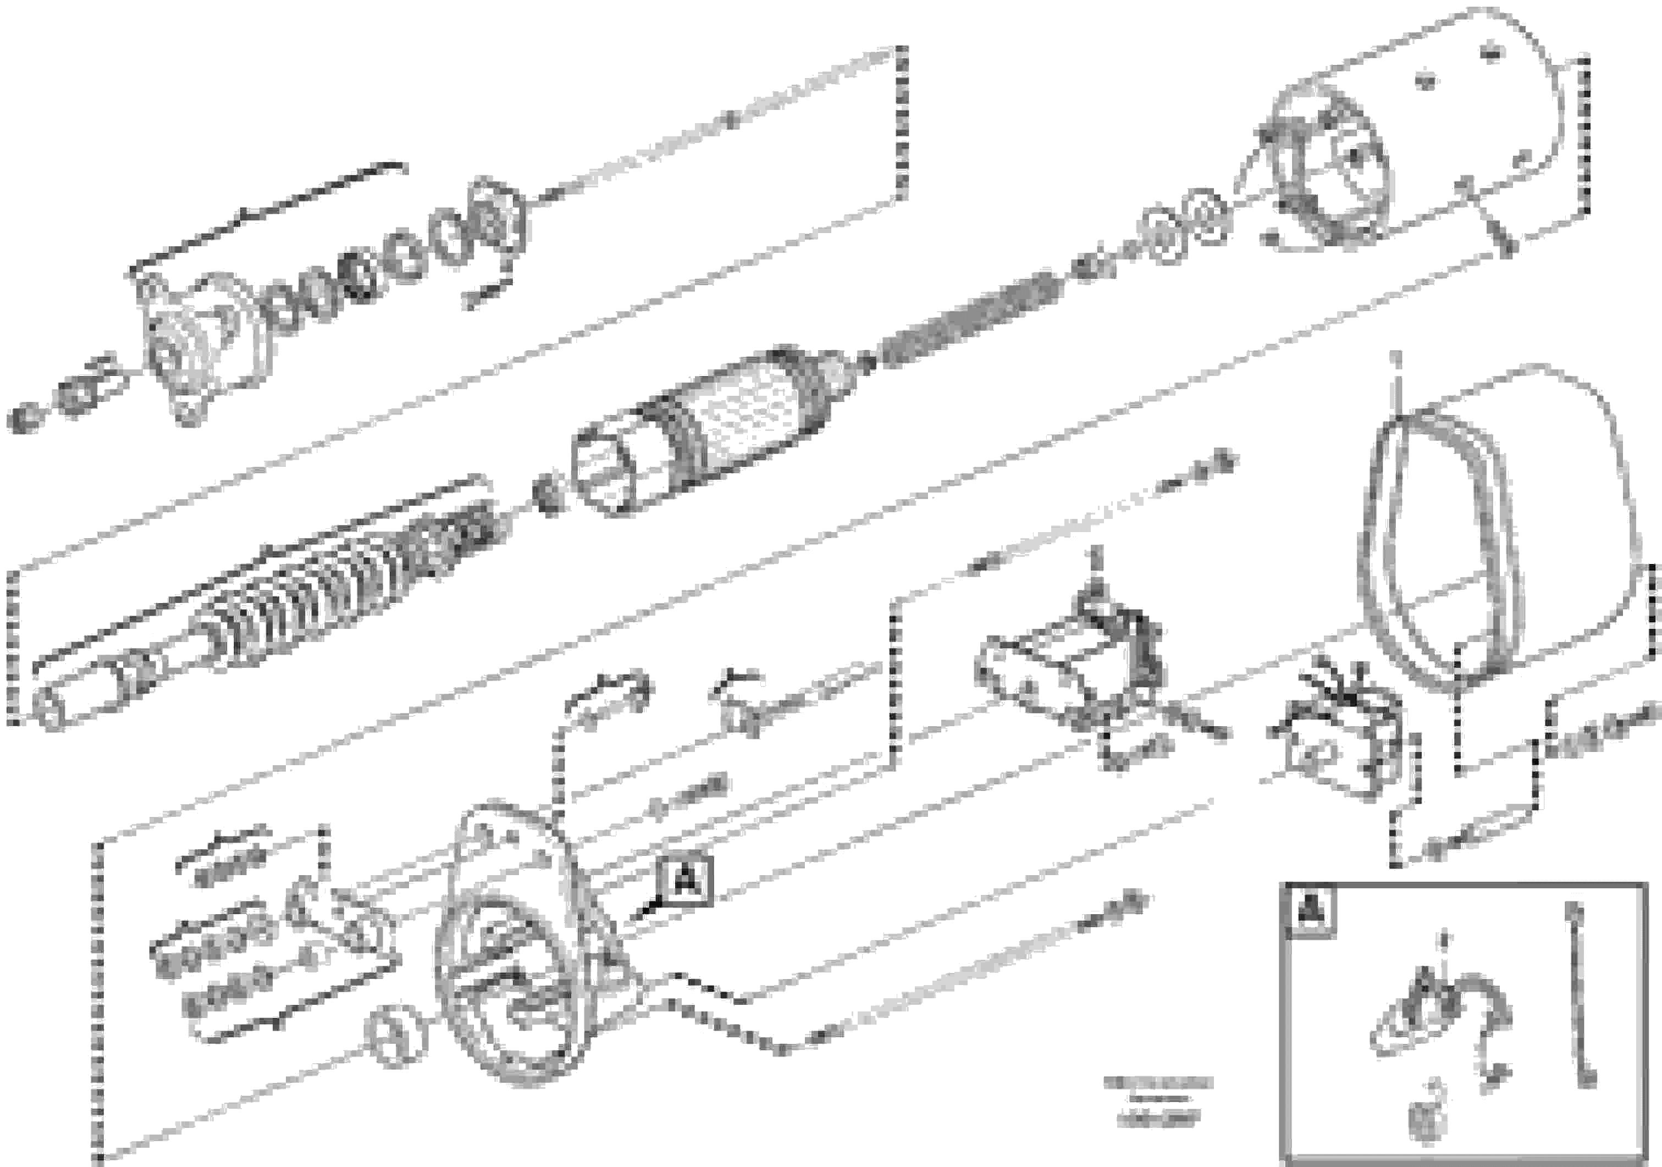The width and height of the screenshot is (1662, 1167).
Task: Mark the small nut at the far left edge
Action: (25, 418)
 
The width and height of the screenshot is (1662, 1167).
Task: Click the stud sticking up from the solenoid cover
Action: (1399, 384)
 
